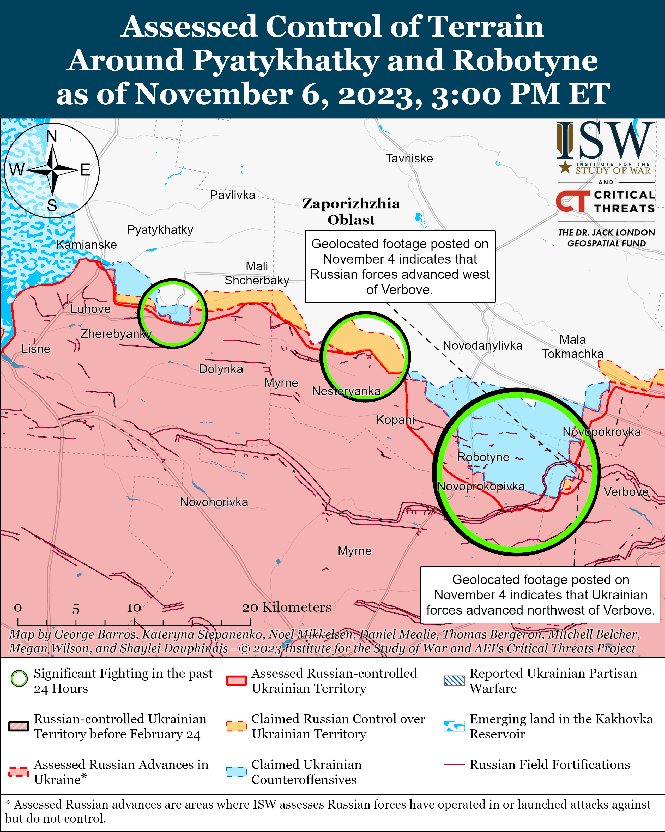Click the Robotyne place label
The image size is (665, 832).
point(483,457)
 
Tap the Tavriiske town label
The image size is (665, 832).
point(409,158)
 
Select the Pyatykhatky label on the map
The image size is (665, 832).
point(160,230)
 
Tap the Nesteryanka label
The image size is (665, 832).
point(346,391)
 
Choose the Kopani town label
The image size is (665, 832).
point(395,420)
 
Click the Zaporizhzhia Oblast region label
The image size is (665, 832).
point(351,211)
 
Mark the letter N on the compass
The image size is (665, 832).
point(51,136)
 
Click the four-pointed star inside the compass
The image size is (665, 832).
point(52,170)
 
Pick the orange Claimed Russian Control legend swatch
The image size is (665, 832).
point(236,726)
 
